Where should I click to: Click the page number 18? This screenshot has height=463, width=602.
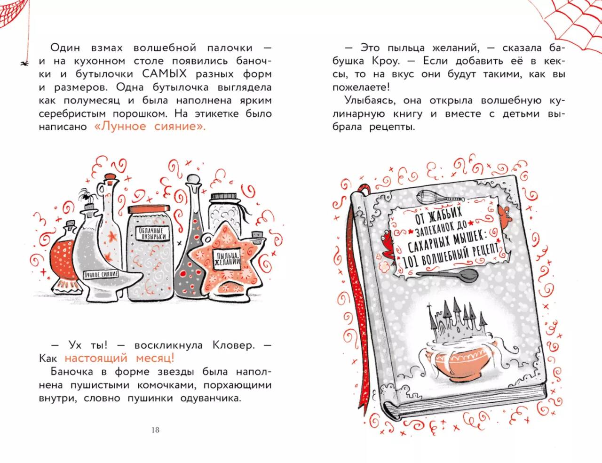pos(155,430)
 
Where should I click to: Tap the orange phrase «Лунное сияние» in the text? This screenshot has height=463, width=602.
pos(150,127)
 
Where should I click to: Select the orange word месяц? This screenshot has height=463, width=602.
pos(155,359)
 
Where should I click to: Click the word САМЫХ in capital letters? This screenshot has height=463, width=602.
pos(165,74)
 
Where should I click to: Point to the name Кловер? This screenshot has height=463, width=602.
pos(234,345)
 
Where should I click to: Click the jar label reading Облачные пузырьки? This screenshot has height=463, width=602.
pos(152,233)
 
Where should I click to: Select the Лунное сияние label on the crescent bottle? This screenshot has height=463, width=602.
pos(101,275)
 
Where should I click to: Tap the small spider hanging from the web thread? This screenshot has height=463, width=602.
pos(24,64)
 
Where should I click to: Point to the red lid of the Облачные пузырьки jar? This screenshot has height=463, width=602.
pos(149,208)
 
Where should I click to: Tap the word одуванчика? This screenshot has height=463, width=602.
pos(211,399)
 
